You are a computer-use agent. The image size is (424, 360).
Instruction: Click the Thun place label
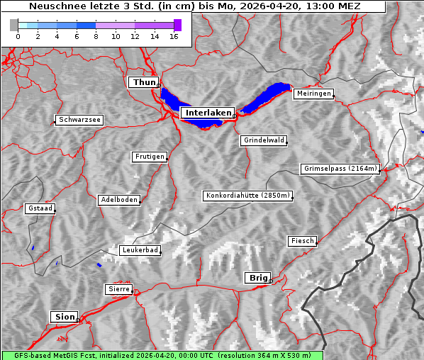[x=144, y=83]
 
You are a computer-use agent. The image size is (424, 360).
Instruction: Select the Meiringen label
[x=313, y=94]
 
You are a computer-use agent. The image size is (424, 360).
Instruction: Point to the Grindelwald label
[x=264, y=140]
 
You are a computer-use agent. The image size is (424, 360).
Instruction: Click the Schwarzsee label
[x=79, y=120]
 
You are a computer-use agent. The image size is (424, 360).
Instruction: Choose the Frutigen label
[x=150, y=157]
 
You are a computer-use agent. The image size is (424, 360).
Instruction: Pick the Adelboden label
[x=118, y=200]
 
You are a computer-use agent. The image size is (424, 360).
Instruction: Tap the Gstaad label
[x=40, y=208]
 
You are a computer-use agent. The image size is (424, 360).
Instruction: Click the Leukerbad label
[x=140, y=250]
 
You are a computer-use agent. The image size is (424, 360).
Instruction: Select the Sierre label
[x=118, y=289]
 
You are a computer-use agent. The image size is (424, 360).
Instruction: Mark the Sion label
[x=64, y=316]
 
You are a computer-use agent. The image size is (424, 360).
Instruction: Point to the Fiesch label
[x=302, y=241]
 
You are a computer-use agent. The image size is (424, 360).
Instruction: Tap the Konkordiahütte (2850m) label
[x=248, y=196]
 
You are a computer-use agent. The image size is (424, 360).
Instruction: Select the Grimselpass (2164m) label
[x=340, y=169]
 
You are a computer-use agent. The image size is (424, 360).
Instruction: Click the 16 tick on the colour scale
[x=174, y=36]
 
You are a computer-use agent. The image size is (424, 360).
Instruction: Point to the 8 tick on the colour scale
[x=96, y=36]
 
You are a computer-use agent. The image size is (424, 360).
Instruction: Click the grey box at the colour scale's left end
[x=14, y=25]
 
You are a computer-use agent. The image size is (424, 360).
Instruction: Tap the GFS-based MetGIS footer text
[x=162, y=355]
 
